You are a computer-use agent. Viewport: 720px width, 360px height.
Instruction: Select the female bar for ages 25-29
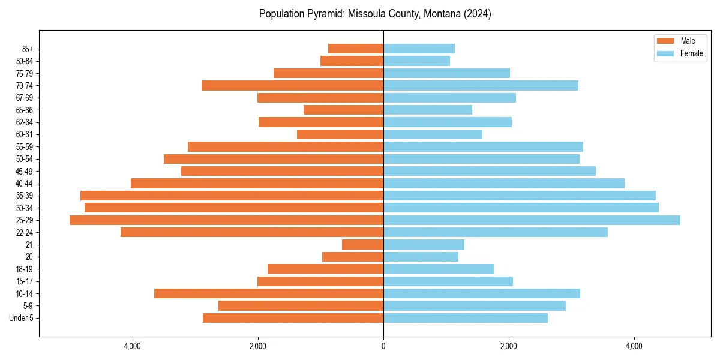pos(532,220)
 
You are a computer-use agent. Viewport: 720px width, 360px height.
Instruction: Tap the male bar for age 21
pos(362,245)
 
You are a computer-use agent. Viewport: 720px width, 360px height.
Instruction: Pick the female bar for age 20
pos(421,257)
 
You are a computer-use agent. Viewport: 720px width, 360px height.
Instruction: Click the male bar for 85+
pos(356,49)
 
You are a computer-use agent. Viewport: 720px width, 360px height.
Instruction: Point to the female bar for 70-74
pos(481,85)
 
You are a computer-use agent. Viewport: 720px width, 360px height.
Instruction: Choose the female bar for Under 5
pos(465,318)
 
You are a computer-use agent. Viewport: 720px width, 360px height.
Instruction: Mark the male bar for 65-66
pos(343,110)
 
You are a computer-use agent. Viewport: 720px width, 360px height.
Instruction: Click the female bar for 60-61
pos(433,134)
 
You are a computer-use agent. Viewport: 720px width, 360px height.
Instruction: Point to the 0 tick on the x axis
pos(383,346)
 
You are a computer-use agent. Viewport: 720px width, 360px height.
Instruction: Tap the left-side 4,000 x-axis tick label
pos(132,346)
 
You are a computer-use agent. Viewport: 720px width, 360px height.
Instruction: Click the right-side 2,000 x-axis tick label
pos(509,346)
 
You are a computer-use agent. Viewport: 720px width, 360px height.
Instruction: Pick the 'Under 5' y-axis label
pos(21,318)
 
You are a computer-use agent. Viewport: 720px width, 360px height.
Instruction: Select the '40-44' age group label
pos(25,184)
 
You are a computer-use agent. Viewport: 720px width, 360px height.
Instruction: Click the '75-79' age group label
pos(25,73)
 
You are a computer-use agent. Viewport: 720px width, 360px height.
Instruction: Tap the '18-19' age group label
pos(25,269)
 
